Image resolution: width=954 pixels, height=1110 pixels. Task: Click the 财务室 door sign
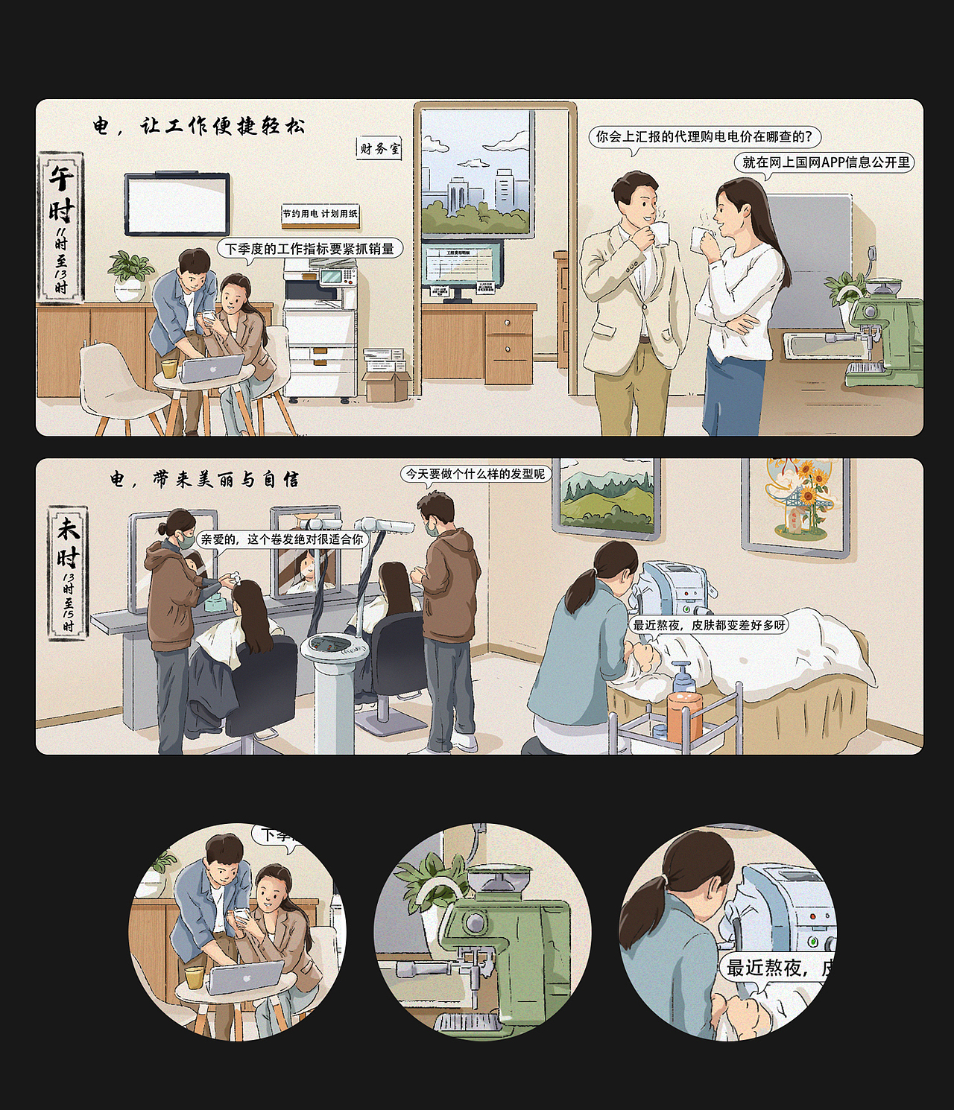coord(379,149)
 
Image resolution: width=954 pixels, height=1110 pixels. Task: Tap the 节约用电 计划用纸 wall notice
coord(320,214)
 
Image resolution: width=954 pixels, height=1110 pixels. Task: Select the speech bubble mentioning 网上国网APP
coord(825,162)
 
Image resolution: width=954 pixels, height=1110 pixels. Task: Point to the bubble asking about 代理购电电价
coord(704,137)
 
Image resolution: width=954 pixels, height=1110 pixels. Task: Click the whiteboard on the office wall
coord(177,204)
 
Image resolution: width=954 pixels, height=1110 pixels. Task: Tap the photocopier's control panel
coord(334,276)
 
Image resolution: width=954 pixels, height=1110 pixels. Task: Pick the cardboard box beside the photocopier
coord(386,386)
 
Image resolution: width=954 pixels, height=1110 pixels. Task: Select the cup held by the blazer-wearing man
coord(660,233)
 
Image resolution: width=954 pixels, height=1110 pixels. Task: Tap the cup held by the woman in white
coord(698,238)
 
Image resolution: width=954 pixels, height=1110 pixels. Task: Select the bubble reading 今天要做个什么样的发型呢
coord(475,474)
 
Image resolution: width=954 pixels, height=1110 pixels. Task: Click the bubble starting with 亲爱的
coord(282,539)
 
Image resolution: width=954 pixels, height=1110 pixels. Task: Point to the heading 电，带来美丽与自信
coord(204,479)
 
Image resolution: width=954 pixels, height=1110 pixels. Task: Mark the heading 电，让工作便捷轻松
coord(198,126)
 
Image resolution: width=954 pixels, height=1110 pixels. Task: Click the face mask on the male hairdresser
coord(432,526)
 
